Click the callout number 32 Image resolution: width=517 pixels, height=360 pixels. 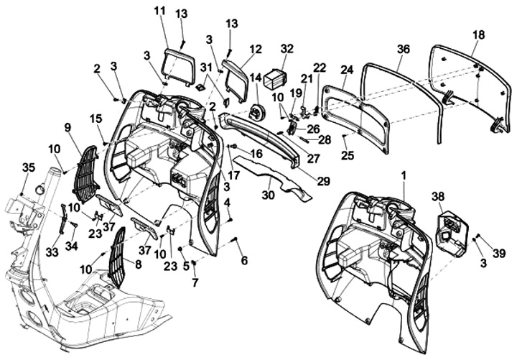(287, 49)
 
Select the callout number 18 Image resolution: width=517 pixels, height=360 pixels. (479, 34)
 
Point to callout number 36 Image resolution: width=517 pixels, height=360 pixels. (403, 49)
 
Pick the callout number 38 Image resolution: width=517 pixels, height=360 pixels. (438, 196)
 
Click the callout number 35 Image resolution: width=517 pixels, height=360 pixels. (28, 167)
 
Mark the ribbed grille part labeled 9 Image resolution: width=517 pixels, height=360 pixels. (85, 175)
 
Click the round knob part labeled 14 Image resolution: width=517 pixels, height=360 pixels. (256, 112)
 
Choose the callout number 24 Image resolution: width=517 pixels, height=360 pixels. (347, 70)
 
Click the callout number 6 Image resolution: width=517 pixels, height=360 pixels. (244, 260)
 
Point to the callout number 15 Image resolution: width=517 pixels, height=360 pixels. (96, 118)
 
